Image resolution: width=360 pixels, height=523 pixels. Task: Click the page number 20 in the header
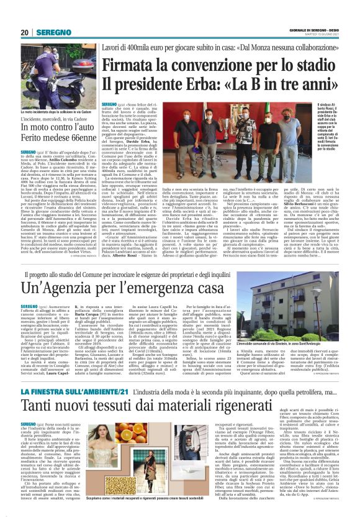point(25,32)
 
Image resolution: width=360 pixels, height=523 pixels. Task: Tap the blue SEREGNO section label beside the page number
point(52,32)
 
